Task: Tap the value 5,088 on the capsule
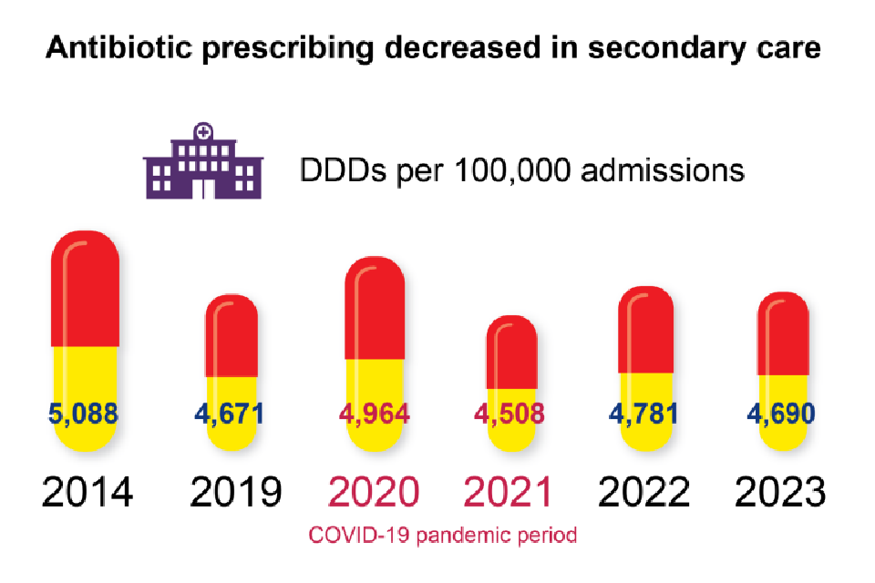[84, 414]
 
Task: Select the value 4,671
[229, 414]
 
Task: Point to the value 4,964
[374, 414]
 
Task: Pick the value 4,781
[644, 414]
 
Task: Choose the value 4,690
[782, 414]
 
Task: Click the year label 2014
[87, 493]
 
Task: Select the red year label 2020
[374, 493]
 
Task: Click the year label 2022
[644, 493]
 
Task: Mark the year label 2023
[781, 493]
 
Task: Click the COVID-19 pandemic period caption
[443, 536]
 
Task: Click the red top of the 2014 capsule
[85, 291]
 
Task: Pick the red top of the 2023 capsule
[783, 335]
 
